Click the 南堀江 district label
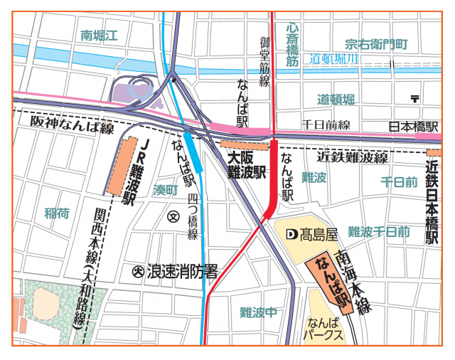coord(97,33)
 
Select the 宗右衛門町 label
coord(377,44)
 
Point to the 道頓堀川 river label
coord(335,60)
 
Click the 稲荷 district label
coord(57,213)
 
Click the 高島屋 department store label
coord(311,233)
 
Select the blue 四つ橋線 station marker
coord(193,151)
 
